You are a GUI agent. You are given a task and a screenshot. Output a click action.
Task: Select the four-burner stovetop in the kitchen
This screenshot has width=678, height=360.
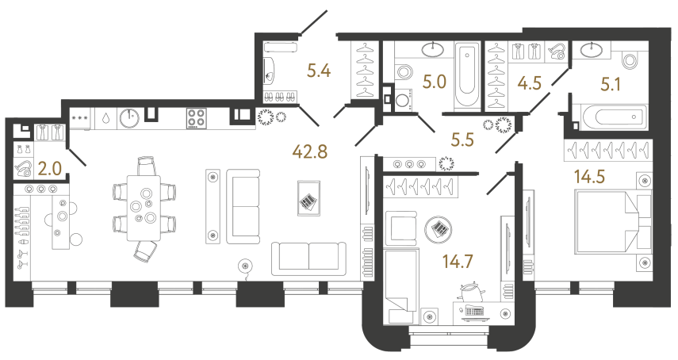pos(197,118)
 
